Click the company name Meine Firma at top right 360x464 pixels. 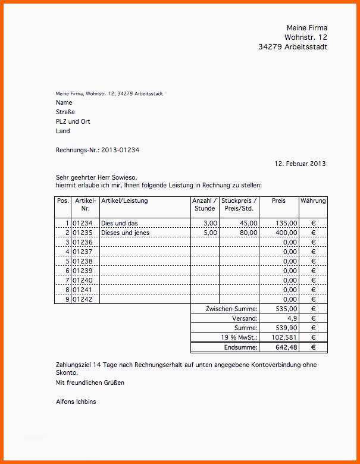(307, 28)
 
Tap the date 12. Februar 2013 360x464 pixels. (300, 164)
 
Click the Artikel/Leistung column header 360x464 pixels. (124, 201)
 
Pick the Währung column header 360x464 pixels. (313, 201)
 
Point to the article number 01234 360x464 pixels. (83, 223)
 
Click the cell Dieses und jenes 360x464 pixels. (126, 233)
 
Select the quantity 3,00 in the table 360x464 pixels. (210, 223)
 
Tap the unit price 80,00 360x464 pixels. (249, 233)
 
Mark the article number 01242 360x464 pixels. (83, 300)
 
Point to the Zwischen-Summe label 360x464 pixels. (231, 309)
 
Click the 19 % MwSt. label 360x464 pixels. (238, 338)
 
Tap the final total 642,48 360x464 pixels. (286, 347)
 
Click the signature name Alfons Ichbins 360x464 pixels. (76, 402)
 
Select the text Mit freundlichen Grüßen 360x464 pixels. (90, 383)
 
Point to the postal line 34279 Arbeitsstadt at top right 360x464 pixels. (293, 47)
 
